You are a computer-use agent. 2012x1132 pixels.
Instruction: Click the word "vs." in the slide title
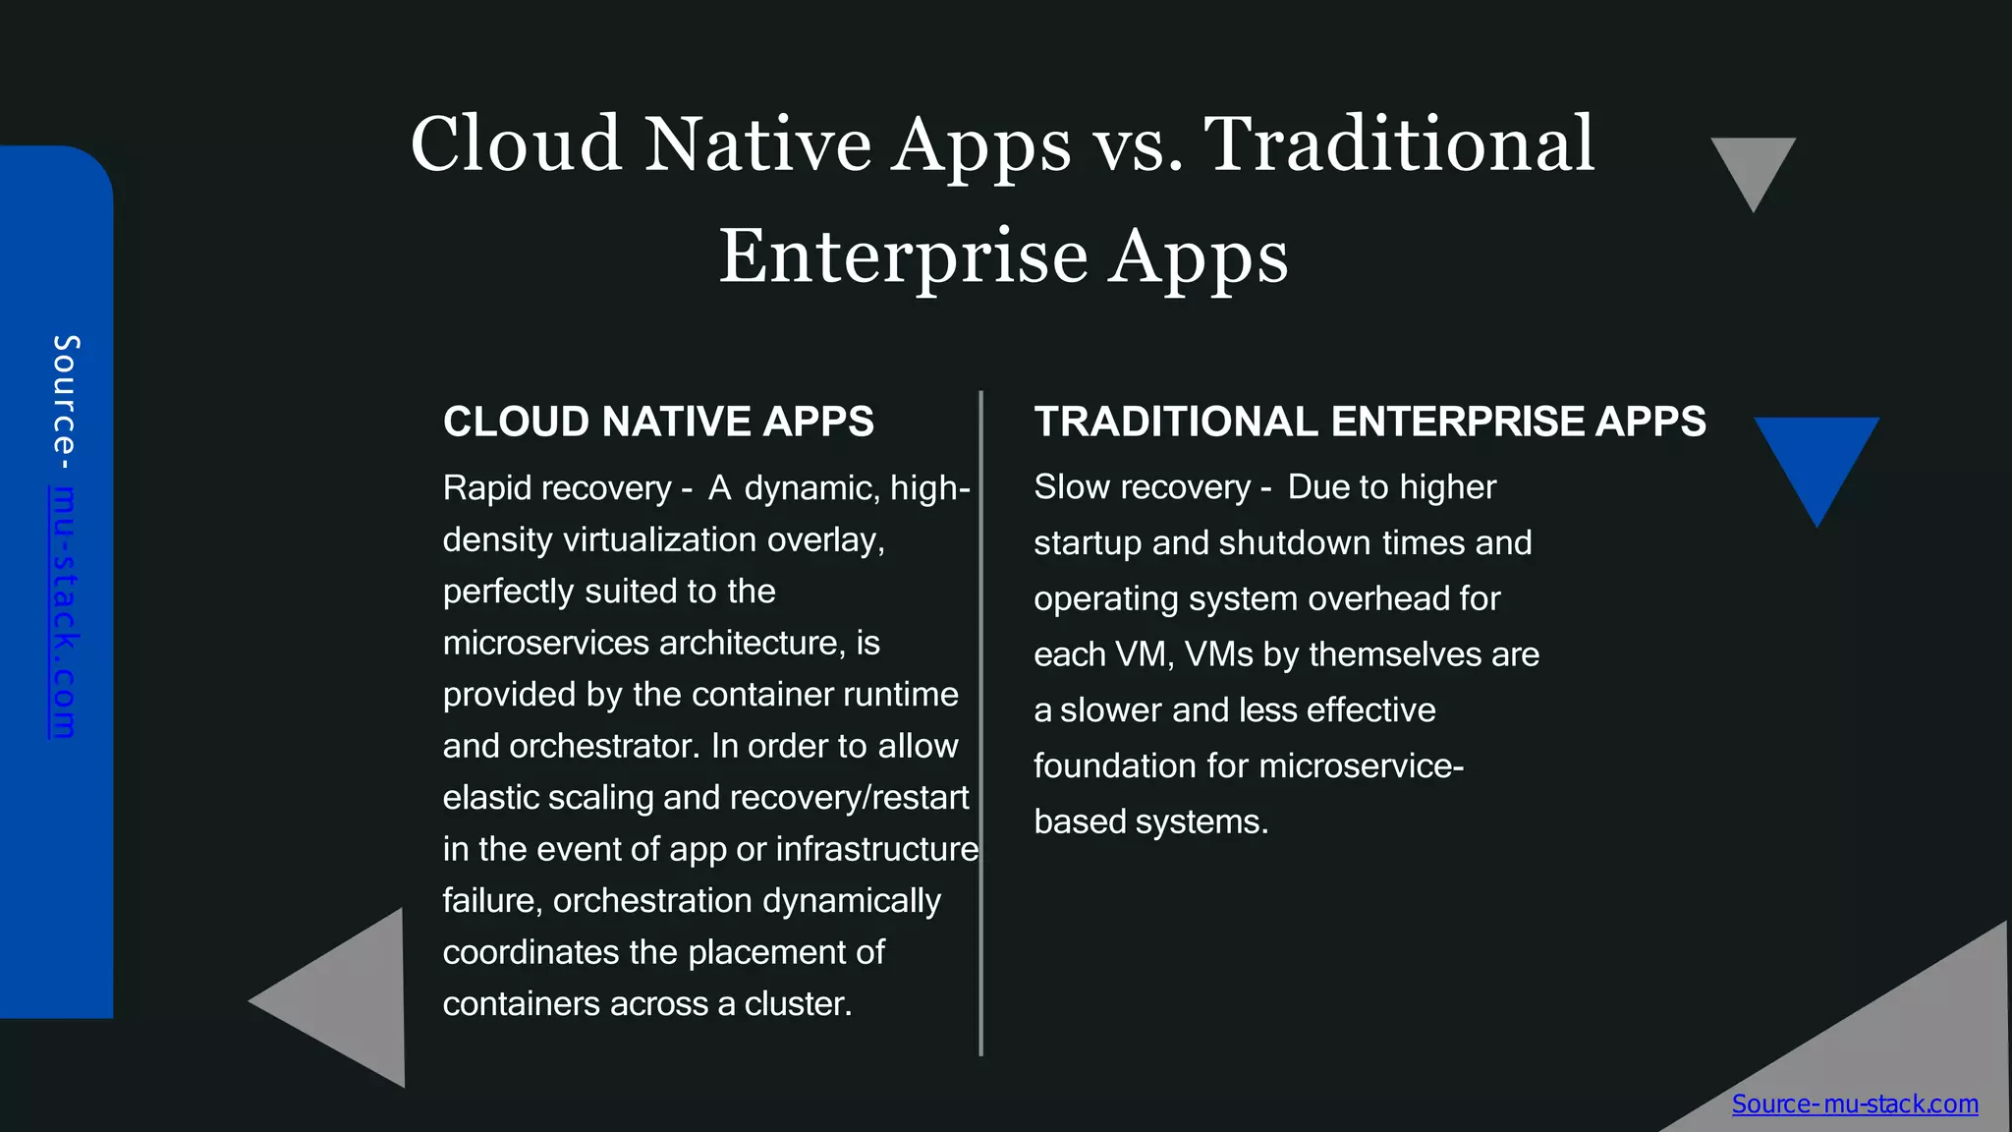(x=1138, y=145)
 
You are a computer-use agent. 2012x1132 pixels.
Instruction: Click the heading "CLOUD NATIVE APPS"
(x=658, y=422)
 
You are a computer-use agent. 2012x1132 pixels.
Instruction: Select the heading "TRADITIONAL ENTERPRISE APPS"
(x=1369, y=422)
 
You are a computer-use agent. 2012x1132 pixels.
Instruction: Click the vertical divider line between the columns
(x=980, y=723)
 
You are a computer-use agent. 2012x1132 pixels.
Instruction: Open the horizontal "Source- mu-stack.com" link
(x=1855, y=1104)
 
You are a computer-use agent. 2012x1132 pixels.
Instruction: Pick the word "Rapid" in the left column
(x=488, y=488)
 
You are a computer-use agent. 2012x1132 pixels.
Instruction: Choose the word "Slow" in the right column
(x=1072, y=487)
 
